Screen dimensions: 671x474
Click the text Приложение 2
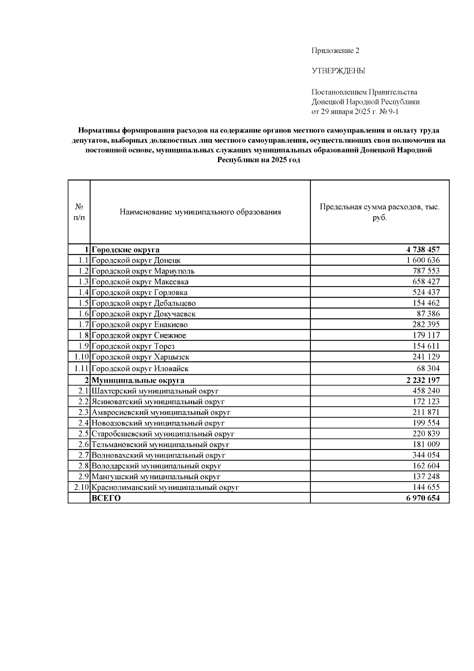point(335,51)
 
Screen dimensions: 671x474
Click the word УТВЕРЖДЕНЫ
point(339,71)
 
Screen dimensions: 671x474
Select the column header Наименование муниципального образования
point(200,212)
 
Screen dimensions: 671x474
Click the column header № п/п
point(79,212)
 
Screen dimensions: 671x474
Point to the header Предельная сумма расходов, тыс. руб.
point(379,212)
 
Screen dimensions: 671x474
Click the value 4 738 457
point(422,249)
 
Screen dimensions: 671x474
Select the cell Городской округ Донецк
point(136,260)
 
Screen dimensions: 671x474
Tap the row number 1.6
point(83,314)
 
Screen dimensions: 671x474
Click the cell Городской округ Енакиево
point(139,325)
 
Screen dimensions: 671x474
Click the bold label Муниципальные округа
point(138,380)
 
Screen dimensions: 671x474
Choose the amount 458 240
point(426,391)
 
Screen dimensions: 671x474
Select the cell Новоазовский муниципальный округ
point(158,423)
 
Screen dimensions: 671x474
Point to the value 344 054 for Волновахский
point(426,455)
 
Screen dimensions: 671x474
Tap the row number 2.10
point(81,487)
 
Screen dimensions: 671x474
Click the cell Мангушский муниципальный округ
point(156,477)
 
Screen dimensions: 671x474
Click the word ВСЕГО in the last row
point(106,498)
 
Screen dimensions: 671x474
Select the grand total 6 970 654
point(422,498)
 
